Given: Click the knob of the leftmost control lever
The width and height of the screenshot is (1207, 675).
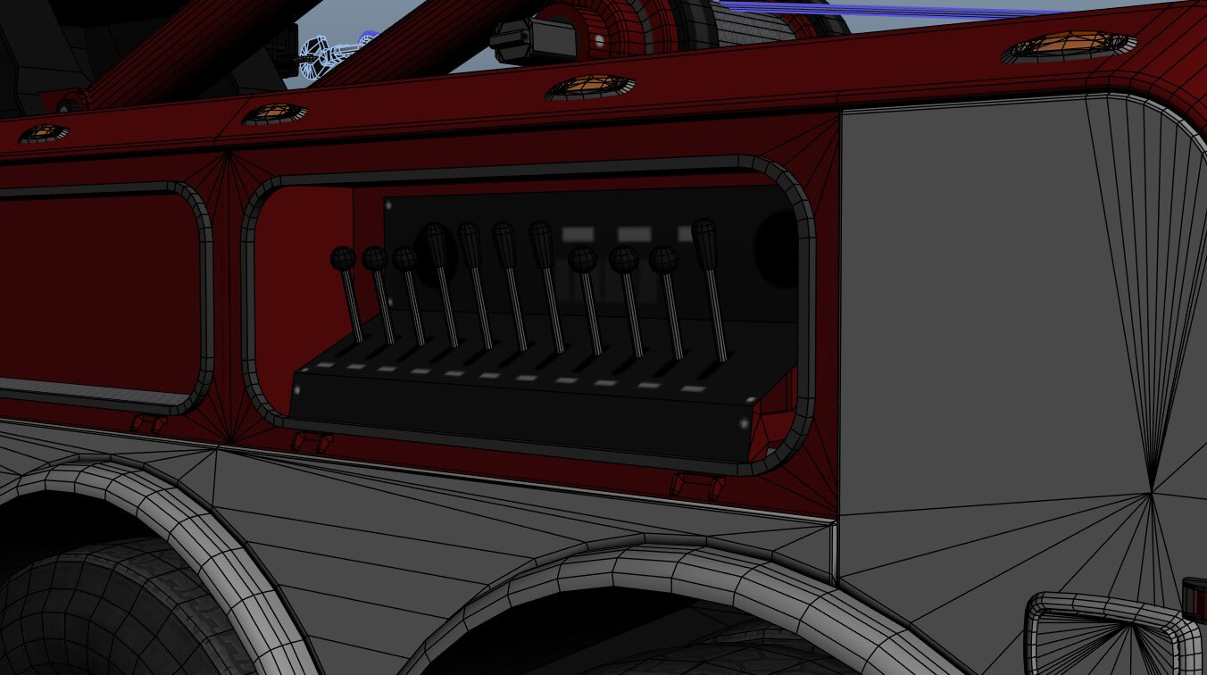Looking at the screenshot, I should [343, 259].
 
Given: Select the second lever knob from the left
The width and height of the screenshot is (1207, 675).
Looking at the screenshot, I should [374, 259].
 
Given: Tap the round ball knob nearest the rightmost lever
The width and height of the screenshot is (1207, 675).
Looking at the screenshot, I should [663, 260].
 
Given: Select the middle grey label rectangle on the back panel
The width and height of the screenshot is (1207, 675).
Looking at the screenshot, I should [634, 234].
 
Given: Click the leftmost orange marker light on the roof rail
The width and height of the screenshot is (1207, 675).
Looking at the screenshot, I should [44, 133].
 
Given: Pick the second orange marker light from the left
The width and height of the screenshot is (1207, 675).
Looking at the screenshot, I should [274, 112].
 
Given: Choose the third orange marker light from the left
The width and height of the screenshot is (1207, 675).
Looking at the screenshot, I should [590, 86].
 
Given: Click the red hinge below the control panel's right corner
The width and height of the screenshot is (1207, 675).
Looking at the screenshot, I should [697, 485].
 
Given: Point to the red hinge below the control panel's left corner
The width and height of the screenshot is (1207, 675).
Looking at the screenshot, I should [312, 441].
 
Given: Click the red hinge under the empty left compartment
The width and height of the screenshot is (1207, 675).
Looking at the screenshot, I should [148, 423].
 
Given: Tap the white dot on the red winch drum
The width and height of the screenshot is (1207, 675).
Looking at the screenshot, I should [599, 41].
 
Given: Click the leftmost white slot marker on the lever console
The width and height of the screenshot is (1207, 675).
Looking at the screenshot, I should [325, 365].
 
